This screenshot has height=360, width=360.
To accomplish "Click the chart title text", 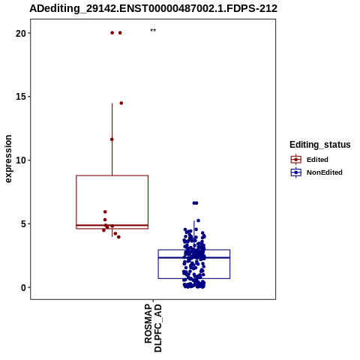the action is [x=153, y=8].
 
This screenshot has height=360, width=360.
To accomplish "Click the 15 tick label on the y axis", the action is [x=21, y=97].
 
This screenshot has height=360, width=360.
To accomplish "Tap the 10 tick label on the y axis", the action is [x=21, y=160].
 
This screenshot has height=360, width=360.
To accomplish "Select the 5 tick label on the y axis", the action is [x=24, y=224].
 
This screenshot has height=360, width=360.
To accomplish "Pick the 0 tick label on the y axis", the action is [x=24, y=288].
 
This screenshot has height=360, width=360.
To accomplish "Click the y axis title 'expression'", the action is [x=8, y=159].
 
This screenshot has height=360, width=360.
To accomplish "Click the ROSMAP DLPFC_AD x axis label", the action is [x=153, y=328].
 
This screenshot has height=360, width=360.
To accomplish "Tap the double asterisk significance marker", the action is [x=153, y=31].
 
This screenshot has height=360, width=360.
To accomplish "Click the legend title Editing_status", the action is [x=320, y=145].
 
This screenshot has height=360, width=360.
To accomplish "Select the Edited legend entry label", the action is [x=317, y=160].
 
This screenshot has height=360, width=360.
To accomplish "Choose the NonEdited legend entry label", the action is [x=325, y=172].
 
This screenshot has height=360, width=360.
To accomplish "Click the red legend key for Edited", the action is [x=296, y=159].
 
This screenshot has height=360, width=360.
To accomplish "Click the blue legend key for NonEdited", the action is [x=296, y=172].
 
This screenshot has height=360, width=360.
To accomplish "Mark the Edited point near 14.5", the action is [x=121, y=103].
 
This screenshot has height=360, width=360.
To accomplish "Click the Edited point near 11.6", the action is [x=112, y=139].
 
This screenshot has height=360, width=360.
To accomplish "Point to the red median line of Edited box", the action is [x=112, y=226].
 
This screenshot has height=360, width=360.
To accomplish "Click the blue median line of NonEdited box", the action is [x=194, y=257].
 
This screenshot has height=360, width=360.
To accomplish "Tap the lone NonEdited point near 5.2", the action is [x=198, y=220].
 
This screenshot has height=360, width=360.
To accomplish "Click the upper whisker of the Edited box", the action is [x=112, y=139].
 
